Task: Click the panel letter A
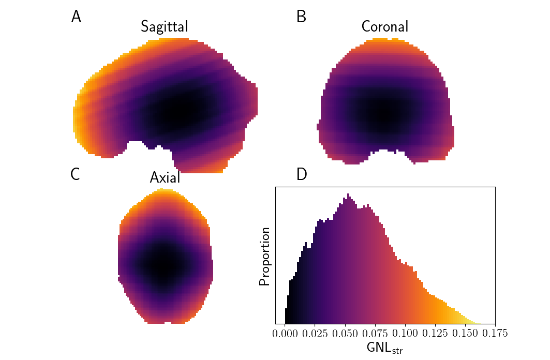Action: tap(76, 17)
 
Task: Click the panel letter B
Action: tap(301, 17)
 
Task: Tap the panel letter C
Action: tap(75, 175)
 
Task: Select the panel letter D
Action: tap(302, 175)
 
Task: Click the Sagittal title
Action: tap(164, 27)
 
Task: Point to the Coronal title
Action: tap(384, 27)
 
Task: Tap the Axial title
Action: tap(165, 178)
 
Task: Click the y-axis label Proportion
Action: tap(265, 256)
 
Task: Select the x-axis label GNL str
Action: tap(384, 348)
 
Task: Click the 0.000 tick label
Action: tap(285, 333)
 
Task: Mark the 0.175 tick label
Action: tap(495, 333)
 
